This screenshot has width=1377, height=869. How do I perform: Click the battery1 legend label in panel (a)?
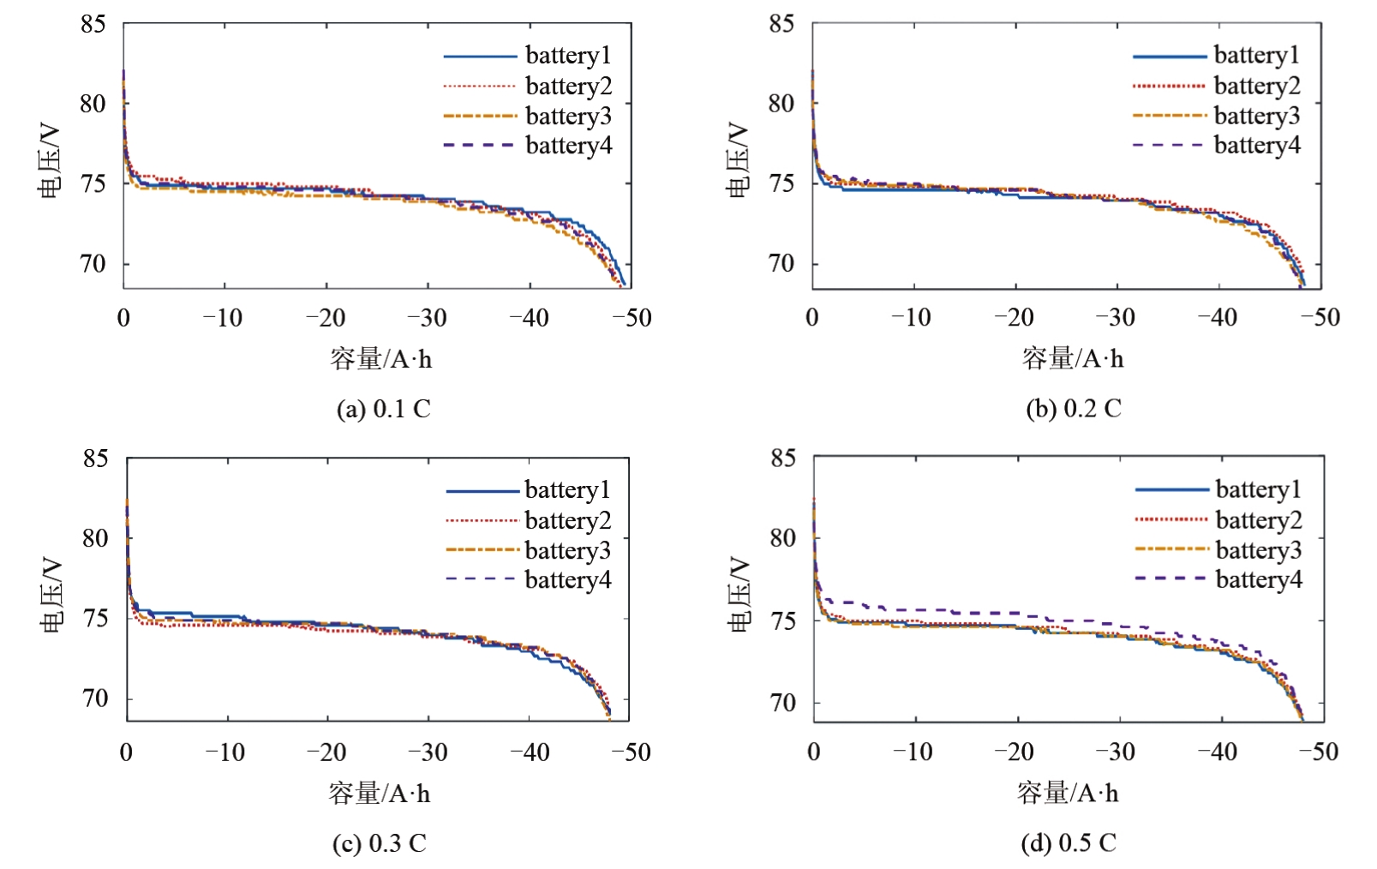click(568, 56)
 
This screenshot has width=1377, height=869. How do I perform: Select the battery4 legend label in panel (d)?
click(1259, 580)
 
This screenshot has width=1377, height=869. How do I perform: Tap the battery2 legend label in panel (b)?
click(1257, 86)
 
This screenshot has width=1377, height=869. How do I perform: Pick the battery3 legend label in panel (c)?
click(567, 550)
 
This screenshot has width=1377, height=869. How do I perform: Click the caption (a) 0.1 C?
click(383, 409)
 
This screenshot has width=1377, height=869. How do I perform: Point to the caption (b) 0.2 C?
click(1073, 409)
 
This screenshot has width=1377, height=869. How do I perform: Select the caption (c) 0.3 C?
click(379, 843)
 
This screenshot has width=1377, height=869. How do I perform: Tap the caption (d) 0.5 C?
click(1069, 843)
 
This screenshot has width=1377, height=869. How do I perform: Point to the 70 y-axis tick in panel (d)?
click(782, 703)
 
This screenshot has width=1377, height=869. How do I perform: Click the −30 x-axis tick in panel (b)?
click(1116, 318)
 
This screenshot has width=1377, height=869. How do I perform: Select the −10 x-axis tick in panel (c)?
click(225, 752)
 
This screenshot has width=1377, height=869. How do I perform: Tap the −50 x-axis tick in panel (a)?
click(632, 318)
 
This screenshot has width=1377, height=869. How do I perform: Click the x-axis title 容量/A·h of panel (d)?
click(1068, 794)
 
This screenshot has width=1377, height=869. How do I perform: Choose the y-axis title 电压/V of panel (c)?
click(51, 594)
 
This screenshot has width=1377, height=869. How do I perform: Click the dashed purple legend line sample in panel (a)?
click(480, 146)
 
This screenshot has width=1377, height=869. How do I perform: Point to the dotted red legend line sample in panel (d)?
click(1171, 519)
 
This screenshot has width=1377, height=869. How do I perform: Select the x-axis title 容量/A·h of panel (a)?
click(380, 359)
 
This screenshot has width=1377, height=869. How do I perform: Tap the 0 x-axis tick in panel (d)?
click(813, 752)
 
